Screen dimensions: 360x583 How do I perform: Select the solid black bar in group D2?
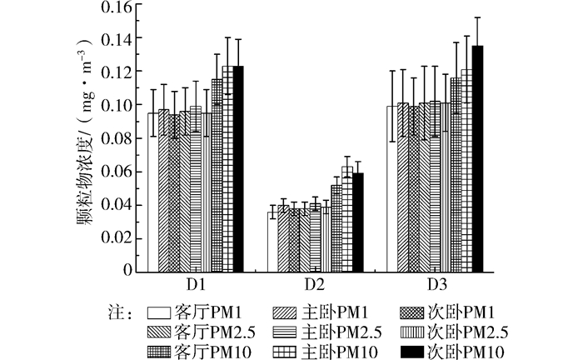358,222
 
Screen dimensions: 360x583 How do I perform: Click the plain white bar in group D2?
272,241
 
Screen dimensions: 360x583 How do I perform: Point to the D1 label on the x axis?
192,283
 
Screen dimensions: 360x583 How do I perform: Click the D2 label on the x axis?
314,283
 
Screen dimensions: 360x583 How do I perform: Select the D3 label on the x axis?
436,283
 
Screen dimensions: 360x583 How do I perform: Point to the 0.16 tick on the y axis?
116,7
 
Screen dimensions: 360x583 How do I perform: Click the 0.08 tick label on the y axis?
116,138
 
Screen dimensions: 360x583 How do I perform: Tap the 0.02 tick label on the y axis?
116,237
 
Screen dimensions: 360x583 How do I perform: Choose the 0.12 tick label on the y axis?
116,72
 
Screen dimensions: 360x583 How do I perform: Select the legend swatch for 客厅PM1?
160,314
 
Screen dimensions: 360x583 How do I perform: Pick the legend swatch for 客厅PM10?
160,351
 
